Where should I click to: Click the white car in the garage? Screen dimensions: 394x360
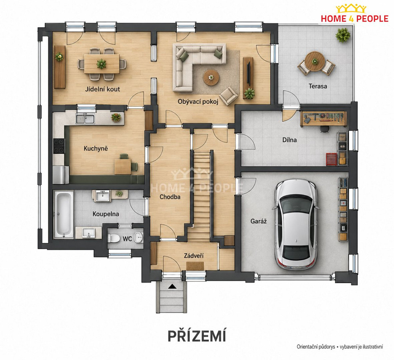tap(295, 224)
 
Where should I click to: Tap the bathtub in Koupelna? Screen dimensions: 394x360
tap(63, 215)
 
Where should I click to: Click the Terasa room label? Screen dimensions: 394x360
tap(318, 86)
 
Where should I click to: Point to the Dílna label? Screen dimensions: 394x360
tap(290, 140)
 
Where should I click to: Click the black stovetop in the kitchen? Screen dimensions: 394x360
tap(59, 146)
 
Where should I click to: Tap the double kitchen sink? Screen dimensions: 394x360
tap(85, 118)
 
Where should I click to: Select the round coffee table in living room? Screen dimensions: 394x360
tap(211, 78)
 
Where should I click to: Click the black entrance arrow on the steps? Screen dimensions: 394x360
tap(172, 286)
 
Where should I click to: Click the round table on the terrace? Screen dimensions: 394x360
tap(315, 61)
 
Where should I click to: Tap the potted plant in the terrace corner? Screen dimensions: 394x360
tap(343, 35)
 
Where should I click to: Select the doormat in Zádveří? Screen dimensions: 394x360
tap(195, 266)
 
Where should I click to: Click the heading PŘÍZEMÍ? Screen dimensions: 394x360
tap(197, 336)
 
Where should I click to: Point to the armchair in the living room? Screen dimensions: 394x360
tap(228, 96)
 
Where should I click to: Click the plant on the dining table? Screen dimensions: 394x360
tap(101, 64)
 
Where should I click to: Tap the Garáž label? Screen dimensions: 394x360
tap(258, 221)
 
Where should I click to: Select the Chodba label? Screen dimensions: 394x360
tap(170, 197)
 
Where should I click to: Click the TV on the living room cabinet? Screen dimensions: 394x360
tap(248, 73)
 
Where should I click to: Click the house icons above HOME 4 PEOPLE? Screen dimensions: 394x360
tap(351, 8)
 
